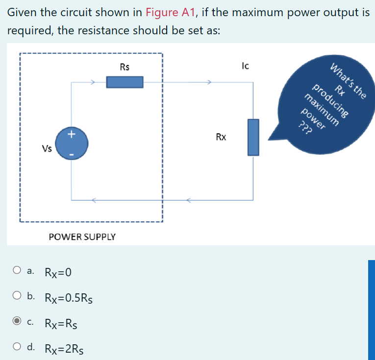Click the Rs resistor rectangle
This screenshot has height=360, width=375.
[x=125, y=82]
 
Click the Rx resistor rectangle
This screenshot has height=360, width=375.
[x=253, y=137]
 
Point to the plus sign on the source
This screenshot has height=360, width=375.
[x=72, y=133]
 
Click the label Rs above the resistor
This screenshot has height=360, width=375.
[x=125, y=67]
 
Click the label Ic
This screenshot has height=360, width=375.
[x=246, y=65]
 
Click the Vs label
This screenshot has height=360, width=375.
[x=47, y=149]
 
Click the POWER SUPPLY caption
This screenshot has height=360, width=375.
[x=82, y=237]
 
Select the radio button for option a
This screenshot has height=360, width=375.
[x=17, y=270]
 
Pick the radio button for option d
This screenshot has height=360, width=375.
[x=17, y=347]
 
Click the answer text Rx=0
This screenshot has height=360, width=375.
[x=58, y=272]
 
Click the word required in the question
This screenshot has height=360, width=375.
[x=30, y=30]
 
